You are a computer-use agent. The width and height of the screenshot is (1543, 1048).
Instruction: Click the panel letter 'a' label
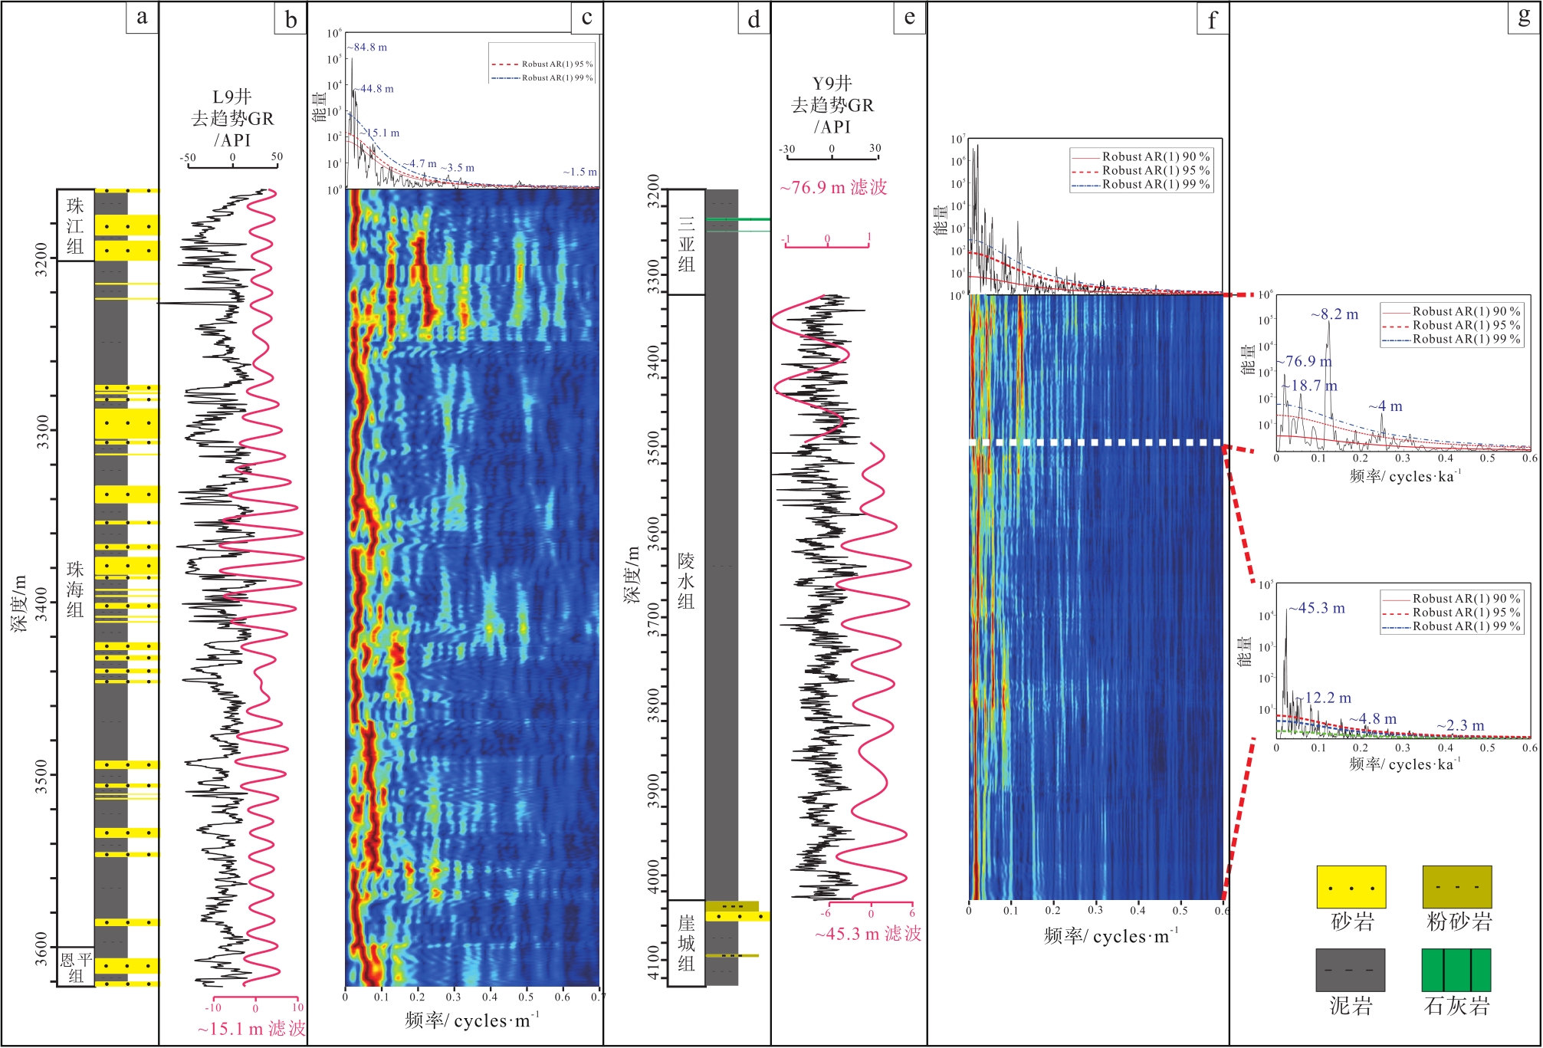pos(142,17)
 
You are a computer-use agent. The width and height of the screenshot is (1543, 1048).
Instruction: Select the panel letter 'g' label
pos(1524,17)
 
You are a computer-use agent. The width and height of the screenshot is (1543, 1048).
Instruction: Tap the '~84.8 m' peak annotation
pos(367,48)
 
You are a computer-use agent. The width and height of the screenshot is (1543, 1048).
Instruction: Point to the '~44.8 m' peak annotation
pos(374,89)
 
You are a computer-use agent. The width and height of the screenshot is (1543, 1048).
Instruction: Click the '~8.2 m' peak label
pos(1335,314)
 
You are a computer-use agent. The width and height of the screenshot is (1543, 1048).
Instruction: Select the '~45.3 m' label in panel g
pos(1317,608)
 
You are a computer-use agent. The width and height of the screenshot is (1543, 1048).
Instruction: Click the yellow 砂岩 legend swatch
pos(1351,887)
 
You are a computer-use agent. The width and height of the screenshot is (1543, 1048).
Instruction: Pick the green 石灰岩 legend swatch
pos(1456,970)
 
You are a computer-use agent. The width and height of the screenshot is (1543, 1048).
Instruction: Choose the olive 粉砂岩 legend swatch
pos(1456,887)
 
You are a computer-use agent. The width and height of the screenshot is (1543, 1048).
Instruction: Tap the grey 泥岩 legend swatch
pos(1351,970)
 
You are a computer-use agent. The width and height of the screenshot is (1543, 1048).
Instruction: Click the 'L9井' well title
pos(231,97)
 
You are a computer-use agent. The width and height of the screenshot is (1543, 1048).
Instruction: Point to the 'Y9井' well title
pos(832,83)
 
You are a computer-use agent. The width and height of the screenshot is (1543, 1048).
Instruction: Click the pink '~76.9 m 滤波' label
pos(833,188)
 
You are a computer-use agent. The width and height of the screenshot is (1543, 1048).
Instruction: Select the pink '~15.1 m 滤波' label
pos(251,1029)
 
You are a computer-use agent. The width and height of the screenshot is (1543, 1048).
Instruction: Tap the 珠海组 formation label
pos(75,590)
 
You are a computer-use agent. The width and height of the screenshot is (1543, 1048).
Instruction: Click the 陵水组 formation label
pos(686,581)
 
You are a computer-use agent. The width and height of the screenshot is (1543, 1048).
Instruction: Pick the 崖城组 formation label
pos(686,943)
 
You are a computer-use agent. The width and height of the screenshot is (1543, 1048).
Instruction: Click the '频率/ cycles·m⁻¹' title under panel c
pos(472,1020)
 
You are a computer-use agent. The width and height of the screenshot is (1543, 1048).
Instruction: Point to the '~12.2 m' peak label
pos(1328,698)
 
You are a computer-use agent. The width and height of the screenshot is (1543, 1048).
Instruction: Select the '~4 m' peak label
pos(1386,406)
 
